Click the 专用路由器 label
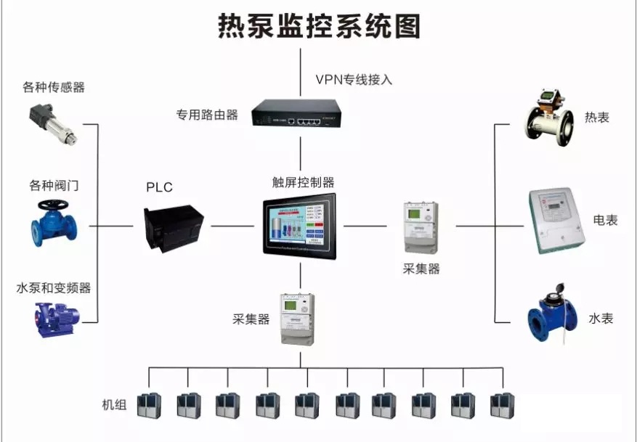[207, 115]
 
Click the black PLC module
[174, 226]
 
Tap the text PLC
[160, 187]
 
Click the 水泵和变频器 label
[54, 288]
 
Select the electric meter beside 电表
[556, 221]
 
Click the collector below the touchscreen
[298, 320]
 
